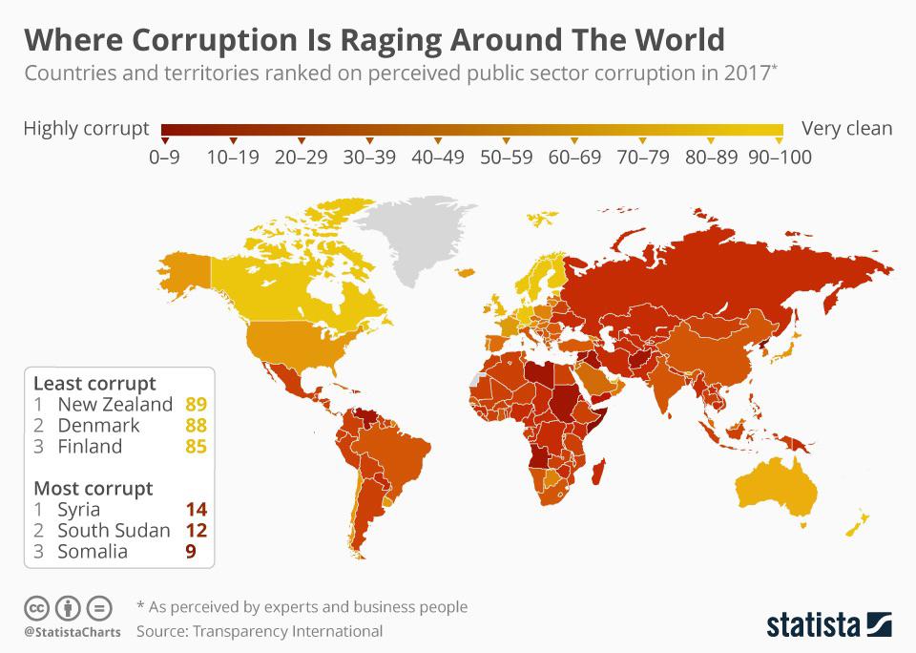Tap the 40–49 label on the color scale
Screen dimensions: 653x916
pyautogui.click(x=438, y=157)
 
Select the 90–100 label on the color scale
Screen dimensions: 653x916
pyautogui.click(x=780, y=157)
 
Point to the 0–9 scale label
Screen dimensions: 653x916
pyautogui.click(x=164, y=157)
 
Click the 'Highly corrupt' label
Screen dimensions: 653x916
pyautogui.click(x=86, y=128)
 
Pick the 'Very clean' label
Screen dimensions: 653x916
pyautogui.click(x=847, y=128)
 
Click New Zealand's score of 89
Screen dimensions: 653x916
pyautogui.click(x=197, y=404)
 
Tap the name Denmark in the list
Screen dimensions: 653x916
pyautogui.click(x=98, y=425)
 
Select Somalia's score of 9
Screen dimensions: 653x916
pyautogui.click(x=191, y=551)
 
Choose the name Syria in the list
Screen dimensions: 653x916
pyautogui.click(x=78, y=509)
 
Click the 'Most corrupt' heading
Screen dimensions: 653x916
pyautogui.click(x=93, y=488)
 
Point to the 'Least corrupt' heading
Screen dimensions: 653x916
pyautogui.click(x=94, y=383)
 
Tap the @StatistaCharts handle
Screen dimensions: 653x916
pyautogui.click(x=73, y=632)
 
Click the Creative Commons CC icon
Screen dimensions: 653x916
pyautogui.click(x=36, y=607)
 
